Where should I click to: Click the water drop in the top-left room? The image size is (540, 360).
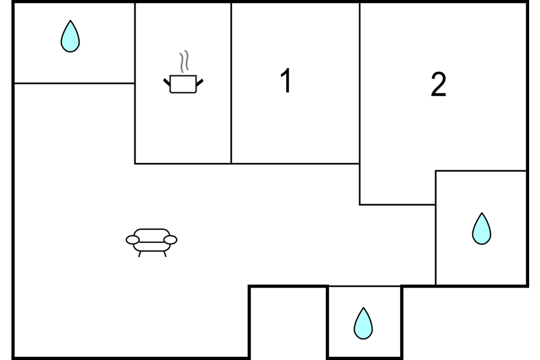[70, 37]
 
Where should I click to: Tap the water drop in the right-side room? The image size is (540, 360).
[482, 229]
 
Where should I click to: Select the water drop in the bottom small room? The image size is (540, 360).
[363, 324]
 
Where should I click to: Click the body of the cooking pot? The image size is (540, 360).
[183, 84]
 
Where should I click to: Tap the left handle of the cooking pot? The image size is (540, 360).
[167, 81]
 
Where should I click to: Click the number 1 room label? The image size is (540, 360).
[286, 81]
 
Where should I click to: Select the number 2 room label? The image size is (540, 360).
[439, 85]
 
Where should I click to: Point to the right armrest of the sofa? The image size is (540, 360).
[171, 240]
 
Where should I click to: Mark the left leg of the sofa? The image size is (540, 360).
[140, 254]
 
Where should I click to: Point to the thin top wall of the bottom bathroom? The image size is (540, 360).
[364, 286]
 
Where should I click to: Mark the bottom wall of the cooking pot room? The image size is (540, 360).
[183, 163]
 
